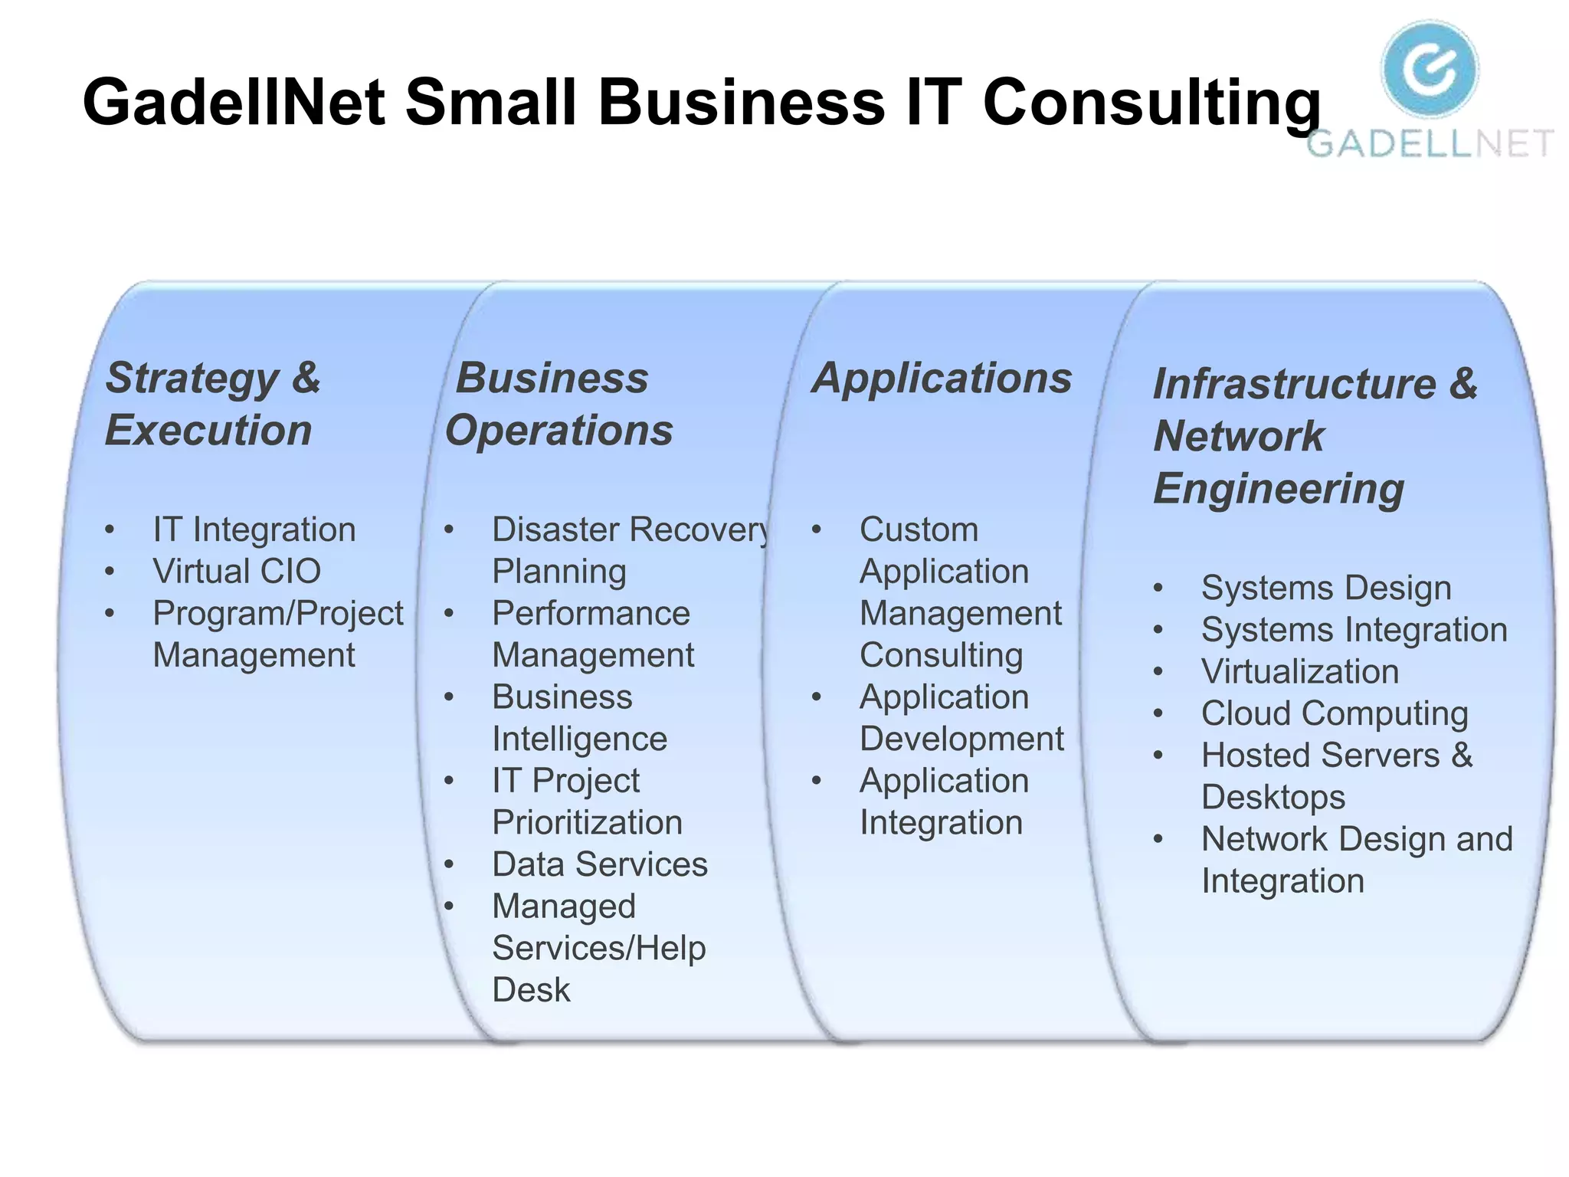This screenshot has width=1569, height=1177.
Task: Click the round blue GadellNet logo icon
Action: click(x=1430, y=68)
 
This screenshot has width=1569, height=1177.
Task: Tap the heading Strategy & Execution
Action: click(x=212, y=404)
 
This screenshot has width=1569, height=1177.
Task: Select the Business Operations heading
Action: click(x=558, y=404)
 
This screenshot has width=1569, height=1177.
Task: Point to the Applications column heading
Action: click(x=942, y=379)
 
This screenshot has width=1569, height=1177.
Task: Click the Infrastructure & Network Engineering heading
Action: click(x=1315, y=436)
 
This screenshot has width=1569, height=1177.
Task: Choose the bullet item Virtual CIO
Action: click(x=237, y=571)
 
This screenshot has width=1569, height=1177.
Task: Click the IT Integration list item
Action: click(x=254, y=529)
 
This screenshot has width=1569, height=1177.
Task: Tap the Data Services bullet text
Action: click(x=600, y=864)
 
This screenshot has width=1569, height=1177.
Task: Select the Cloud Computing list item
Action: click(x=1335, y=713)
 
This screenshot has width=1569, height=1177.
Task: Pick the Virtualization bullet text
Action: click(x=1300, y=672)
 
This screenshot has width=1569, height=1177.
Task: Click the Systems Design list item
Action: click(x=1326, y=588)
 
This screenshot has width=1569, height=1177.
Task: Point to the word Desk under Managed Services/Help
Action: click(x=531, y=990)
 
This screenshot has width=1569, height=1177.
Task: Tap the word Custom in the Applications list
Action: click(x=919, y=529)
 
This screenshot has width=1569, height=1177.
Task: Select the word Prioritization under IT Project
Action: click(x=587, y=822)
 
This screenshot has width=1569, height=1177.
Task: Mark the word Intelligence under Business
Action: click(x=579, y=739)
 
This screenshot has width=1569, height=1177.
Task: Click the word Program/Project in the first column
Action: click(x=277, y=613)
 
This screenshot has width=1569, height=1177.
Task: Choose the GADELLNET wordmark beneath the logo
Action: click(x=1430, y=143)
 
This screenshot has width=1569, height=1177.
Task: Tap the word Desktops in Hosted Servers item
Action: click(x=1273, y=797)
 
